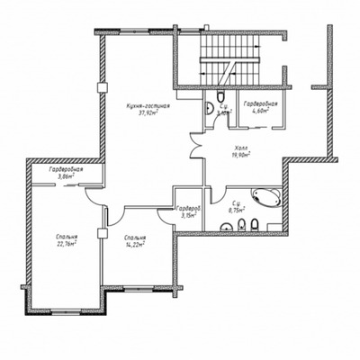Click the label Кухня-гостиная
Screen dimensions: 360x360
click(148, 106)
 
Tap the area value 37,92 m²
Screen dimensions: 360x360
click(148, 114)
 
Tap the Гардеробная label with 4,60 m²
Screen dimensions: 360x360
click(260, 105)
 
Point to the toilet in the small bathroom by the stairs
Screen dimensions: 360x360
click(220, 98)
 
